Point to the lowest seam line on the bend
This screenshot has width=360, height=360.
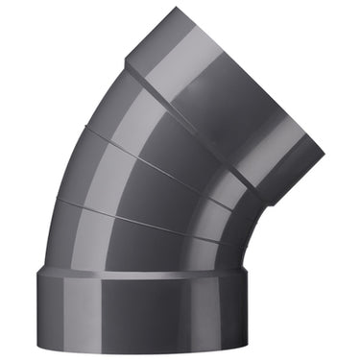144,219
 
